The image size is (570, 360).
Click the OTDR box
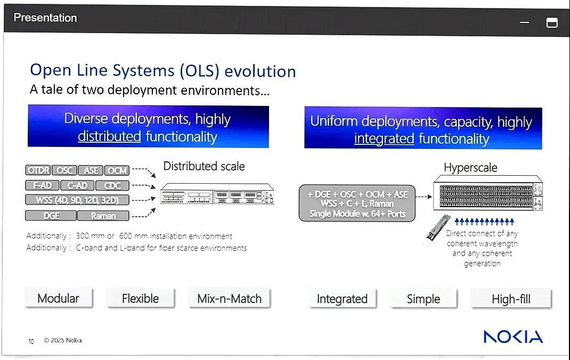click(38, 170)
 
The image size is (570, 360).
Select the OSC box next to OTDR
click(65, 170)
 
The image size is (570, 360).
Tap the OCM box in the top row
click(117, 170)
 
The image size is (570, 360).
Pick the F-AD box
click(42, 186)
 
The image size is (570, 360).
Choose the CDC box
click(112, 186)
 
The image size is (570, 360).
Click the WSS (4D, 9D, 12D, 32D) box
click(77, 200)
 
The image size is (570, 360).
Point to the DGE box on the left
click(51, 216)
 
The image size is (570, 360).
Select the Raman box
click(103, 216)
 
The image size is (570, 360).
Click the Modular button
click(59, 298)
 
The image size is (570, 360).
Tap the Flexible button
click(140, 298)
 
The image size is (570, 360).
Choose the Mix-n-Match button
click(229, 299)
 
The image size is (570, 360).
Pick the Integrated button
click(342, 299)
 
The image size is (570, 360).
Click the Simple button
click(424, 299)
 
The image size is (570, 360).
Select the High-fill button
click(511, 299)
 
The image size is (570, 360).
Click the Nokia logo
click(513, 337)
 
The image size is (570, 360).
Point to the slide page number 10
click(31, 341)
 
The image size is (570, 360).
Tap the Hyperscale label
click(470, 168)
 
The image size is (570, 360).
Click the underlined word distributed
click(109, 137)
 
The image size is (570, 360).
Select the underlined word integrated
click(384, 140)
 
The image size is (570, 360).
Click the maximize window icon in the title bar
click(552, 23)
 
